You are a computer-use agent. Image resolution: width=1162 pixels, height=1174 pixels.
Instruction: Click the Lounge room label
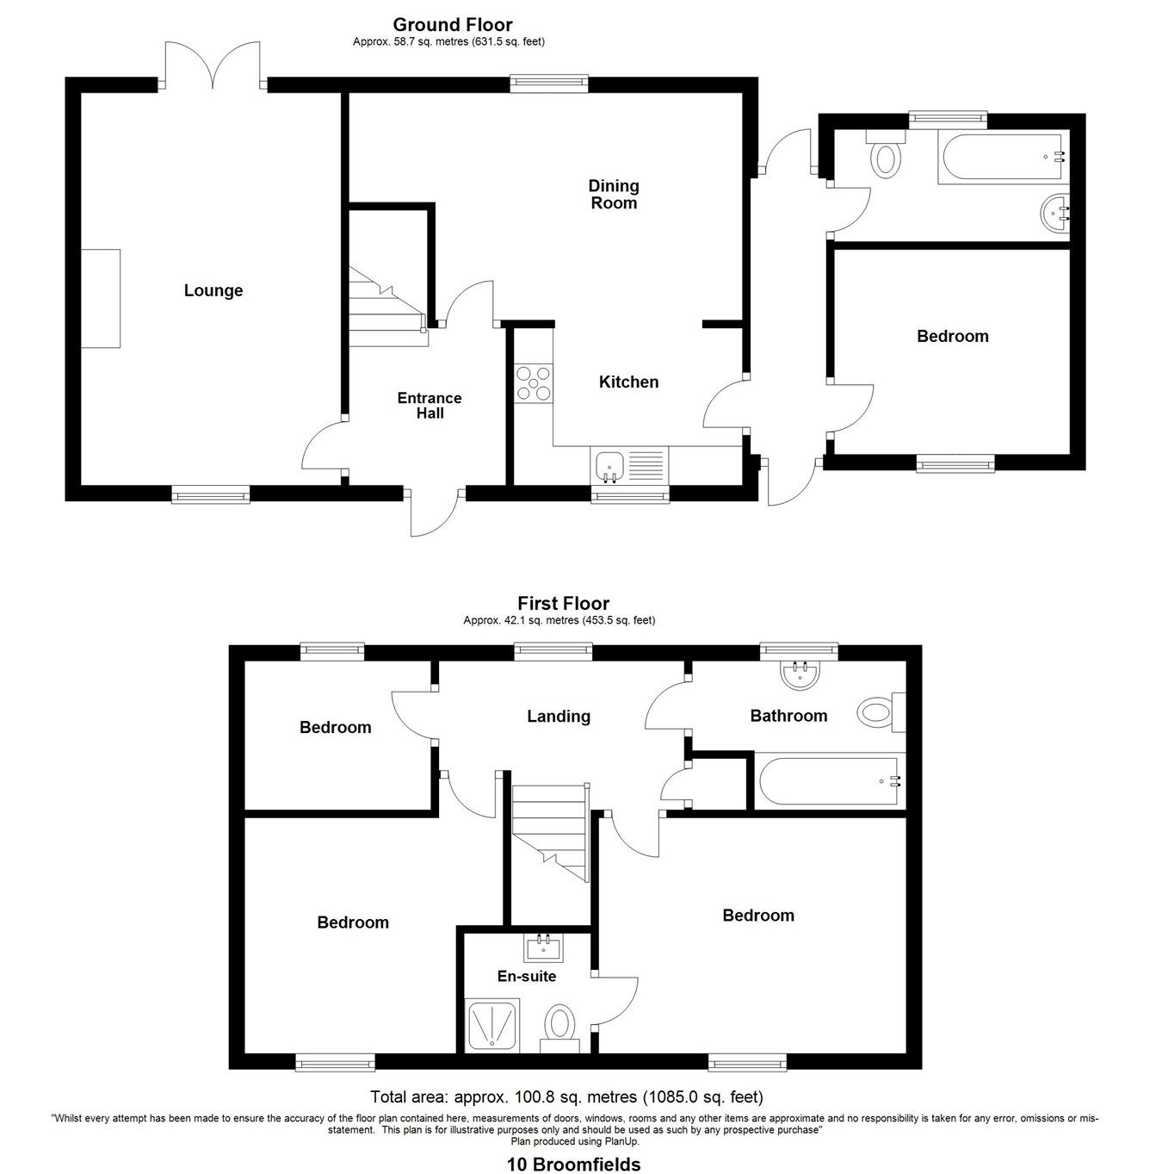(x=213, y=291)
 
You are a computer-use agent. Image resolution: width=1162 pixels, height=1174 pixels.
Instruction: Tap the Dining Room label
(x=614, y=195)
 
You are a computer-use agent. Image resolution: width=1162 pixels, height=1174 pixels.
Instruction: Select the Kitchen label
(x=628, y=382)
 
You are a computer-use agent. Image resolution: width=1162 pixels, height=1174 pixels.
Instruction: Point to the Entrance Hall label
(x=430, y=406)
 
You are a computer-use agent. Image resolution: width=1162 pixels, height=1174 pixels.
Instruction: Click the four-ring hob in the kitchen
(x=534, y=383)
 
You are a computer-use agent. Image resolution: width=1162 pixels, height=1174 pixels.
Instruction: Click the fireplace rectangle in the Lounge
(x=101, y=298)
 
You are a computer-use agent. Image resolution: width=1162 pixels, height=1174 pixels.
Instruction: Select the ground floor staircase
(x=387, y=310)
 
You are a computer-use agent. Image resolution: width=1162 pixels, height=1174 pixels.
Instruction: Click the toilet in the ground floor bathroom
(x=885, y=158)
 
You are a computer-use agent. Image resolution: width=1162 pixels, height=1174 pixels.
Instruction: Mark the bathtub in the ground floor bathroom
(x=1003, y=158)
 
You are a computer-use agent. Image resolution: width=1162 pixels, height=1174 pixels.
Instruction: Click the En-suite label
(x=527, y=977)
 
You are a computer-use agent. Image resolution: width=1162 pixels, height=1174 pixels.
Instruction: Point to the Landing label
(x=559, y=717)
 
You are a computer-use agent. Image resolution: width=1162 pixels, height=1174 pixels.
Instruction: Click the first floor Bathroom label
(x=788, y=716)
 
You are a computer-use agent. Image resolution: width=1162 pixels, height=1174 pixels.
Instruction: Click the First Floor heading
(x=563, y=604)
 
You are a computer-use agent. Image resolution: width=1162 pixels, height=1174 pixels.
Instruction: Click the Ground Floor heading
(x=453, y=25)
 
